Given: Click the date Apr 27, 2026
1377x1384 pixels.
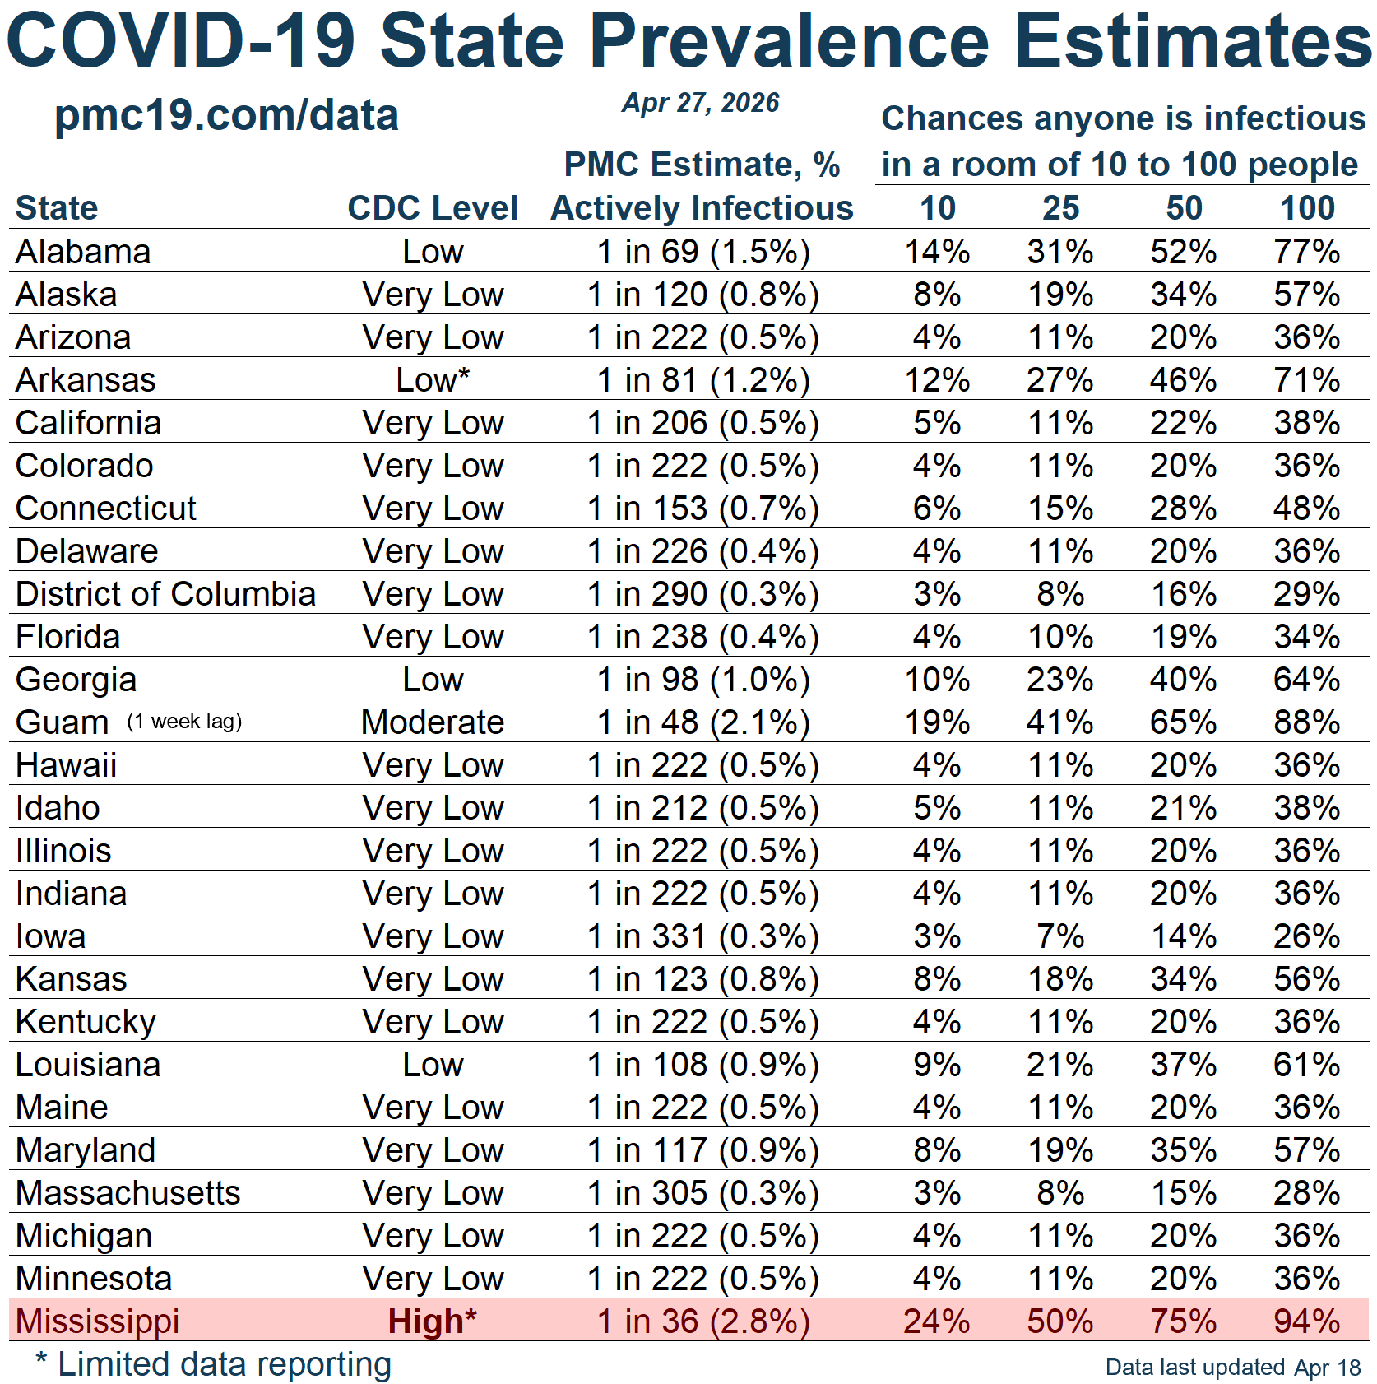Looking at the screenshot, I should click(x=701, y=103).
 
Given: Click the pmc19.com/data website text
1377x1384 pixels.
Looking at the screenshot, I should click(x=226, y=115).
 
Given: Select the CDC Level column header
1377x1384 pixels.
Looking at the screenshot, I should click(x=433, y=208).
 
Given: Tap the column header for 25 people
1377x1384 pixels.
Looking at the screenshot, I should click(x=1060, y=208).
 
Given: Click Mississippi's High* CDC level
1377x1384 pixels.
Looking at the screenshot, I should click(x=433, y=1321).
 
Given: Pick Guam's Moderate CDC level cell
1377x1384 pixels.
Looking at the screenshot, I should click(x=433, y=722).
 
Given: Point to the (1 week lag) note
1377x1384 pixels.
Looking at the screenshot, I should click(x=184, y=722).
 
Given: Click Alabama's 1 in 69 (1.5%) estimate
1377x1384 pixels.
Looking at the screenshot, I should click(x=703, y=252).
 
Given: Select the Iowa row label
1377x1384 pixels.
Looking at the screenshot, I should click(x=51, y=936).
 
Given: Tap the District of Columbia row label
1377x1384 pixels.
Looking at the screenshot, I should click(x=165, y=594).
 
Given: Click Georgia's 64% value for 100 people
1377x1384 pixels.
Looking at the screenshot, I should click(x=1306, y=680).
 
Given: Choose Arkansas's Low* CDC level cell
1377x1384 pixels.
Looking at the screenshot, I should click(x=433, y=380).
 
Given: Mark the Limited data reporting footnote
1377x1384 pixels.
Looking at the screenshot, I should click(x=214, y=1364).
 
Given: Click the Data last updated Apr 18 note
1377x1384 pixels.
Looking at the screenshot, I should click(x=1232, y=1368).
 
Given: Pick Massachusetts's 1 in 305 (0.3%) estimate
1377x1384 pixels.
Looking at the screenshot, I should click(x=703, y=1193).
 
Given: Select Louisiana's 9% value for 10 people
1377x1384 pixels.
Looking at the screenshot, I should click(x=937, y=1065).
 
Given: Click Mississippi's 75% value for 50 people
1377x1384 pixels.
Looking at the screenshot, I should click(x=1184, y=1321).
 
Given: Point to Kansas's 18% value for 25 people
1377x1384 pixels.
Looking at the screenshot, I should click(x=1060, y=979).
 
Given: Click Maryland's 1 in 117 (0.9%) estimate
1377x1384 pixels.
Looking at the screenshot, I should click(x=703, y=1150).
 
